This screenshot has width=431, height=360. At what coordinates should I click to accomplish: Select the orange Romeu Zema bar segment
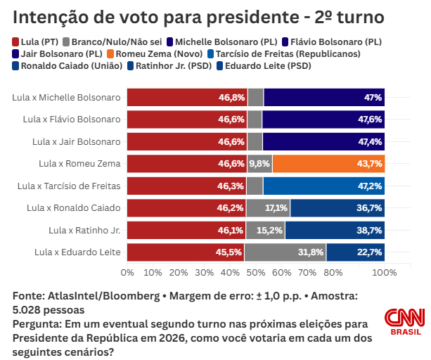[328, 164]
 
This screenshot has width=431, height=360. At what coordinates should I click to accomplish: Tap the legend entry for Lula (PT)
[36, 42]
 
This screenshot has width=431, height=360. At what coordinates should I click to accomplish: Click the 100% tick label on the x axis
[384, 272]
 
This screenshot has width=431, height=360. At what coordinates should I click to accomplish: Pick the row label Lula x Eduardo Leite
[77, 252]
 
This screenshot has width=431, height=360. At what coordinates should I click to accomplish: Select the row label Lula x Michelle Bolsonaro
[66, 98]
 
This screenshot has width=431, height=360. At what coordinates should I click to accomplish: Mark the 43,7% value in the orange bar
[369, 164]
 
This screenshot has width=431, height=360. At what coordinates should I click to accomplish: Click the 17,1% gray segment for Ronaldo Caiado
[276, 208]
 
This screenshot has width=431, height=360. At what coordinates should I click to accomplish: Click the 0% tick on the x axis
[127, 272]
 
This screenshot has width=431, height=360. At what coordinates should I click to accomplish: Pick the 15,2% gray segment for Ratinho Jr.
[271, 231]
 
